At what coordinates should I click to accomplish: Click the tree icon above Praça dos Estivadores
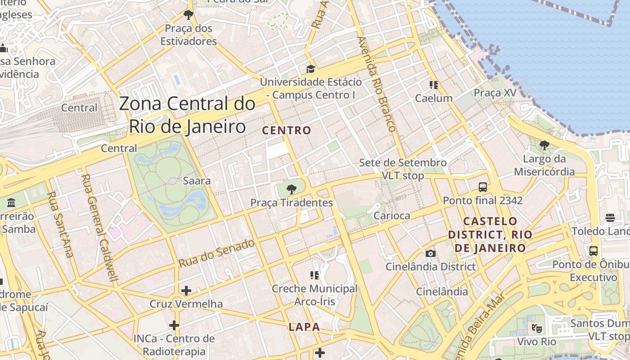[x=188, y=15]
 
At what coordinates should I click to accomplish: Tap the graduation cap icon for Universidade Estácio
[x=310, y=69]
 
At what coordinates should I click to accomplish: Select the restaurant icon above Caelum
[x=434, y=85]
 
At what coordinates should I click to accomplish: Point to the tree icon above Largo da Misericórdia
[x=544, y=145]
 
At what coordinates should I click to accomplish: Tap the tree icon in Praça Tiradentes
[x=292, y=189]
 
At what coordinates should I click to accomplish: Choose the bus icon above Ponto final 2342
[x=483, y=187]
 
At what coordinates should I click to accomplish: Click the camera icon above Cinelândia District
[x=431, y=253]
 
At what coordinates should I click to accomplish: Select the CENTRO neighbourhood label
[x=287, y=130]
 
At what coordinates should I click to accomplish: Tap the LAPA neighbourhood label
[x=304, y=327]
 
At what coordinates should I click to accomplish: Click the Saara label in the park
[x=197, y=181]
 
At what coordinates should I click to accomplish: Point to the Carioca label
[x=392, y=216]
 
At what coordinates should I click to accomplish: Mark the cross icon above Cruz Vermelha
[x=186, y=291]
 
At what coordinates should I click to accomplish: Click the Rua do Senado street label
[x=217, y=254]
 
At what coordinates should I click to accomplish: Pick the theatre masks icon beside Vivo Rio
[x=536, y=328]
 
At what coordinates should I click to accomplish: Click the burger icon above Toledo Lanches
[x=610, y=218]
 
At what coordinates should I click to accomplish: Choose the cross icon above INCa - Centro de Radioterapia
[x=174, y=325]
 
